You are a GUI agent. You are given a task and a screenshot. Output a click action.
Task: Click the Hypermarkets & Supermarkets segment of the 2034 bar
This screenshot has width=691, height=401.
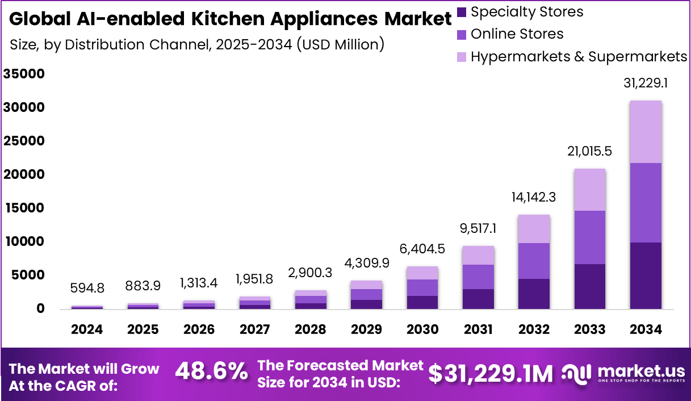[x=646, y=132]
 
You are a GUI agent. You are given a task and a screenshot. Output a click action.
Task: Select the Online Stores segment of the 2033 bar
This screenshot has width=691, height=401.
[x=589, y=237]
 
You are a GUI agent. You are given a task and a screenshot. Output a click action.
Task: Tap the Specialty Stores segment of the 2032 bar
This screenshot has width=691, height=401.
[x=534, y=294]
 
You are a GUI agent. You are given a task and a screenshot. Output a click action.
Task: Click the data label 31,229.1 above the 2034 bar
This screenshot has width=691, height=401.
[x=645, y=83]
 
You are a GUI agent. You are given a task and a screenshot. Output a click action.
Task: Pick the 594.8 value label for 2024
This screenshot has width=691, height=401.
[x=87, y=288]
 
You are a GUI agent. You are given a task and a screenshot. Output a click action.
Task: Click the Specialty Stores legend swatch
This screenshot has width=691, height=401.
[x=462, y=11]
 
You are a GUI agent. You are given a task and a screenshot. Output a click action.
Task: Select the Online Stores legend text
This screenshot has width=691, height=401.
[x=517, y=34]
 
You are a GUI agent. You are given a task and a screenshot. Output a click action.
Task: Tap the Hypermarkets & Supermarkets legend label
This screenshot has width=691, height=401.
[x=579, y=57]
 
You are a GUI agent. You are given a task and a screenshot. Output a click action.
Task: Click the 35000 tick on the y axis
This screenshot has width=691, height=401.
[x=24, y=74]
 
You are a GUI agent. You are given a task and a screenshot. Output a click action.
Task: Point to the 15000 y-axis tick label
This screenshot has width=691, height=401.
[x=24, y=208]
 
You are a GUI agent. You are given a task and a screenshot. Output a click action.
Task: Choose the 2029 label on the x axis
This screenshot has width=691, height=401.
[x=366, y=330]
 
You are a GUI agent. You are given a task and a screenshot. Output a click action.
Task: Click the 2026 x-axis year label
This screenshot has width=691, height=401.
[x=199, y=330]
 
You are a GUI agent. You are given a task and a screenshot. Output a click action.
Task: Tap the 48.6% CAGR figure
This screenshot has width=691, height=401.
[x=211, y=373]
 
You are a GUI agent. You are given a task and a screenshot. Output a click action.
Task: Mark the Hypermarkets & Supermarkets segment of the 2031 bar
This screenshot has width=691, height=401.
[x=478, y=256]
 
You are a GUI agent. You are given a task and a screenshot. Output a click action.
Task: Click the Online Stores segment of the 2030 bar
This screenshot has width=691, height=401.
[x=422, y=287]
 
